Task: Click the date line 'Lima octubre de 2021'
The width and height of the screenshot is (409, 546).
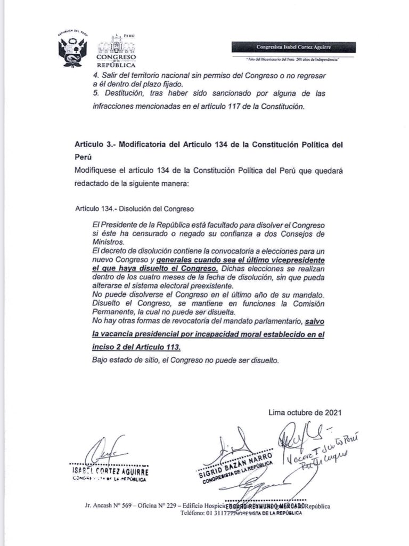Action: point(301,412)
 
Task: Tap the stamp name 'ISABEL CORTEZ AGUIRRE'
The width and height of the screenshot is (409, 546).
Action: point(110,471)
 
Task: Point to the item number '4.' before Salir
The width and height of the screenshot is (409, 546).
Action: point(95,76)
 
